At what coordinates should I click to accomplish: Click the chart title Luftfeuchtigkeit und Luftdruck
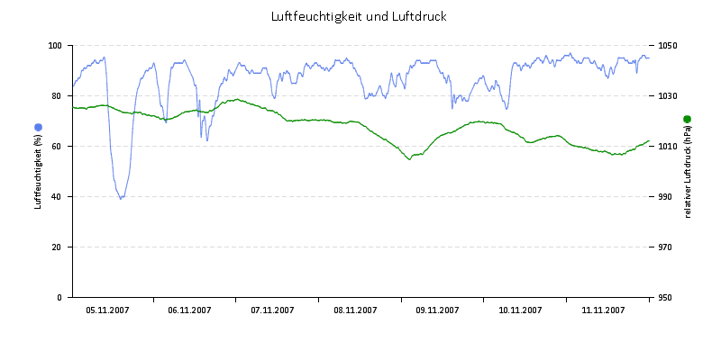click(x=359, y=17)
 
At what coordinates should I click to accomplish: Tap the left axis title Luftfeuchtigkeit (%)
click(x=38, y=171)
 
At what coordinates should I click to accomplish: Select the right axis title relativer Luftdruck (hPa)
click(x=687, y=172)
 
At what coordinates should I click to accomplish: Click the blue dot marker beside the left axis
click(x=38, y=127)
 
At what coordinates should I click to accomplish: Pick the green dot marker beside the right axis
click(x=687, y=119)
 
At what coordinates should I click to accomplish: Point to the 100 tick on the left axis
click(x=55, y=45)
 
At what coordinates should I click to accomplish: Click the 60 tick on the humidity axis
click(x=58, y=146)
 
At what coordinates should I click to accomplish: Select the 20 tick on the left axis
click(x=58, y=247)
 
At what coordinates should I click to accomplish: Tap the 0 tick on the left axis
click(x=60, y=297)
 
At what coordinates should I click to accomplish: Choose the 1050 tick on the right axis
click(x=667, y=45)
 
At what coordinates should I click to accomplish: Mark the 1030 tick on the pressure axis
click(x=667, y=95)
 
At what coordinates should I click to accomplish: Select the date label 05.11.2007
click(x=107, y=310)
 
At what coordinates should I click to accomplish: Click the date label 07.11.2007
click(x=272, y=310)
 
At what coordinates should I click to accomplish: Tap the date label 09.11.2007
click(x=438, y=310)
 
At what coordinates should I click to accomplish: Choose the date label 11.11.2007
click(x=603, y=310)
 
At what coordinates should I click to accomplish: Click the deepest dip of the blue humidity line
click(x=121, y=198)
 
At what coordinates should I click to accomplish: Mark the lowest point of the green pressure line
click(x=410, y=159)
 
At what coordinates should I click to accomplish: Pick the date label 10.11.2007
click(x=521, y=310)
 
